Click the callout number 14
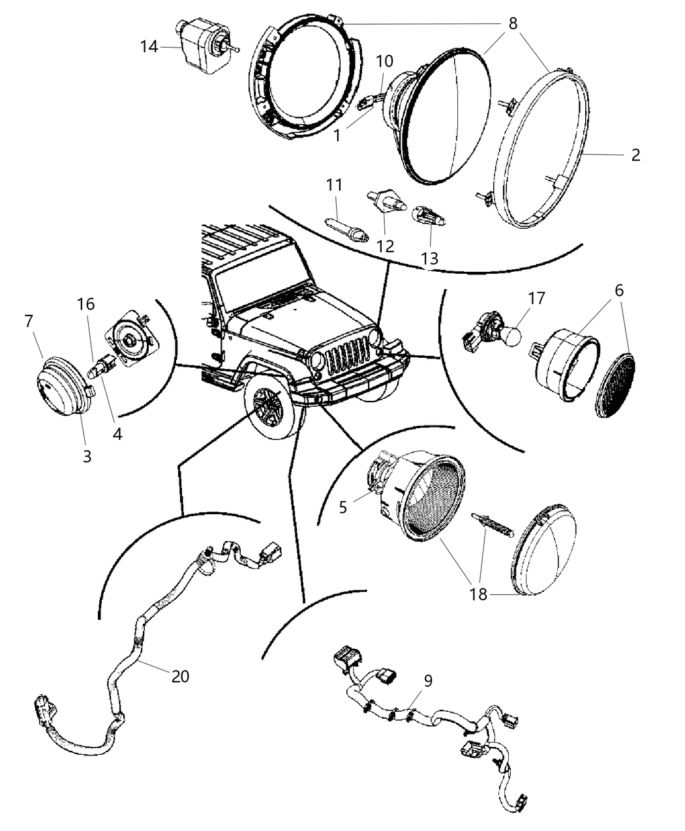point(149,47)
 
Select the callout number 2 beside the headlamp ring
point(635,155)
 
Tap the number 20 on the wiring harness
point(180,677)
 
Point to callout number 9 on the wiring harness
point(428,680)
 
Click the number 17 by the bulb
point(536,299)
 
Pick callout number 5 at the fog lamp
point(343,506)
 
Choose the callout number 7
point(28,321)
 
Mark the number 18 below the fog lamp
point(478,595)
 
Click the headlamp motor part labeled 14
point(204,43)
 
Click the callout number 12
point(386,246)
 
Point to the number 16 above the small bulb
point(85,304)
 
